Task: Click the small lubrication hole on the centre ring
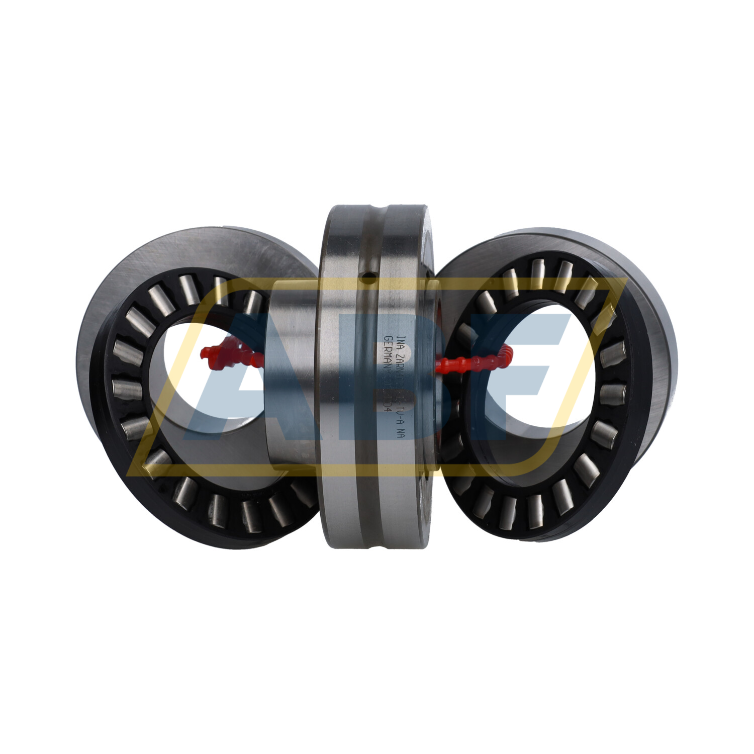(x=370, y=275)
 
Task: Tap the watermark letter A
(x=241, y=382)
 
